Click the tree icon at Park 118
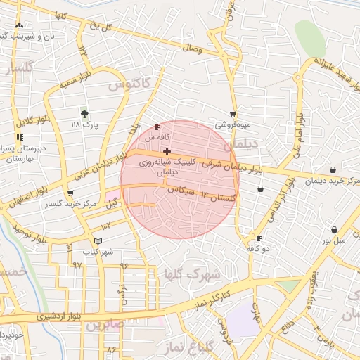coord(85,112)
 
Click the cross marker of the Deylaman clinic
coord(166,151)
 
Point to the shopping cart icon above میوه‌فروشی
coord(233,114)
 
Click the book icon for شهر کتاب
coord(107,241)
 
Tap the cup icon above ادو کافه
coord(259,238)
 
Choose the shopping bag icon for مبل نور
coord(333,229)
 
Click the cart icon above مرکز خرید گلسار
coord(69,193)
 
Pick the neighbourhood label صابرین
coord(105,326)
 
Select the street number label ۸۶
coord(111,349)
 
